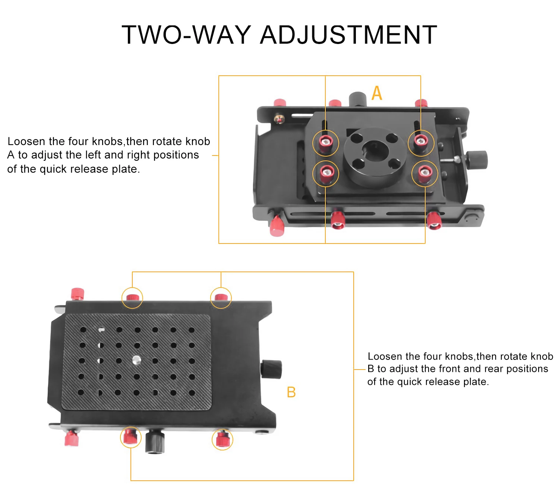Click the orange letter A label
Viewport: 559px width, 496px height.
point(377,93)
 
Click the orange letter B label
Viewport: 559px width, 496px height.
point(291,392)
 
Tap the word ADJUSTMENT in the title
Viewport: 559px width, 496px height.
point(348,35)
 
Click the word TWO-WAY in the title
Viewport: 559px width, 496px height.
point(186,35)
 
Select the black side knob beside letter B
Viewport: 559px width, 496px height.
point(271,369)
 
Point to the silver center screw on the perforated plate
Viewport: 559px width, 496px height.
point(137,360)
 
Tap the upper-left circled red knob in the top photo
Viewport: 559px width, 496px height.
point(326,142)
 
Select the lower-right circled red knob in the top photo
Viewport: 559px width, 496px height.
point(424,173)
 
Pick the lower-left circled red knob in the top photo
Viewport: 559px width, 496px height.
point(326,173)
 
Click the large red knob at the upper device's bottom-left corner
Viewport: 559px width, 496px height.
point(277,225)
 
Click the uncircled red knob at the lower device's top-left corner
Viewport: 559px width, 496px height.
point(77,294)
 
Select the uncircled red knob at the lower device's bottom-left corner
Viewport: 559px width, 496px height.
point(72,438)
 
